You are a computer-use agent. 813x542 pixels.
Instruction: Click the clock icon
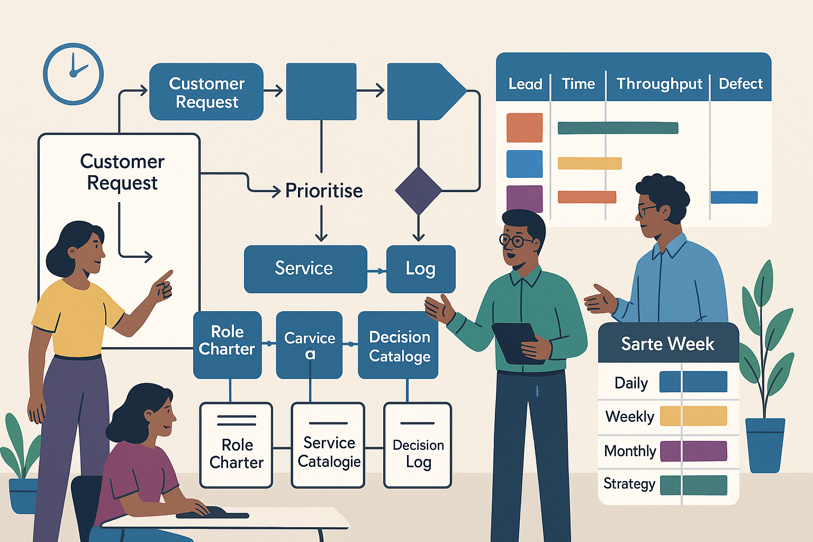pos(73,74)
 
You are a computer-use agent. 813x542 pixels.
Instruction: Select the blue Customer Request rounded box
pos(206,92)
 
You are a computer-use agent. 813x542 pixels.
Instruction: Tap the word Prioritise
pos(324,191)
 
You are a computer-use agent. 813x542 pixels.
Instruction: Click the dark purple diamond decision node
pos(418,191)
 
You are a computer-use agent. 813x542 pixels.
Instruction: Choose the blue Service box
pos(305,269)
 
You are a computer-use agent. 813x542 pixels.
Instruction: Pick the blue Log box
pos(421,269)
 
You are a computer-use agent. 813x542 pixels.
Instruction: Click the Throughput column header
pos(659,84)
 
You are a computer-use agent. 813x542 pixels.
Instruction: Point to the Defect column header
pos(740,84)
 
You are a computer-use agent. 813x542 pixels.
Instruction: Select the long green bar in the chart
pos(618,128)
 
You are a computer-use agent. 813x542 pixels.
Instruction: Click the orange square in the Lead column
pos(524,128)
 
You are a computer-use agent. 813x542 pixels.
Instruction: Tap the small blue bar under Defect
pos(734,197)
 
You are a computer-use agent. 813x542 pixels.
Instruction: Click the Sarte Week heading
pos(668,344)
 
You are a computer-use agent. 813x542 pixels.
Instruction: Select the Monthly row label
pos(630,451)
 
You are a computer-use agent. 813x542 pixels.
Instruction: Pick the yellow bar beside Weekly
pos(693,416)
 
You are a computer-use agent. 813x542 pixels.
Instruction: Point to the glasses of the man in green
pos(516,241)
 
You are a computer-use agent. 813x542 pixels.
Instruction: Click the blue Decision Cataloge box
pos(399,345)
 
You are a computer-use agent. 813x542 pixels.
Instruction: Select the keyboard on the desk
pos(212,513)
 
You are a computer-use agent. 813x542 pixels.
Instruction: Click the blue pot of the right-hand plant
pos(764,445)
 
